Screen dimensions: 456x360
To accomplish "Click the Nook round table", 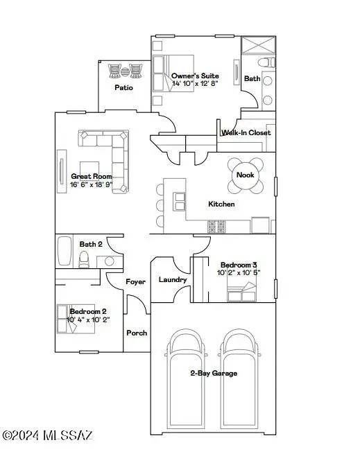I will tap(246, 175).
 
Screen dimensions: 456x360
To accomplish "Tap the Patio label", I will tap(123, 87).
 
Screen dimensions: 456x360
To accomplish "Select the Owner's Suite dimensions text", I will tap(195, 84).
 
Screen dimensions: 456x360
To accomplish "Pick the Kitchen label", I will tap(221, 204).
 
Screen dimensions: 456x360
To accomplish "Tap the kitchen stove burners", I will tap(216, 226).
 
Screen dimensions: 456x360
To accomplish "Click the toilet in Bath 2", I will tap(84, 259).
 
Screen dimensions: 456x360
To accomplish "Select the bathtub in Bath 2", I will tap(64, 251).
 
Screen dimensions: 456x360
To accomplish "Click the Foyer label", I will tap(135, 282).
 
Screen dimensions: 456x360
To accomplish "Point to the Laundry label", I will tap(173, 280).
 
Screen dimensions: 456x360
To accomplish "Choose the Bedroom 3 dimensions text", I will tap(239, 273).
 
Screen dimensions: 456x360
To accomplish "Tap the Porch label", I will tap(137, 333).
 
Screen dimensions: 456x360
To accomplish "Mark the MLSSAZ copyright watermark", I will tap(47, 436).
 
